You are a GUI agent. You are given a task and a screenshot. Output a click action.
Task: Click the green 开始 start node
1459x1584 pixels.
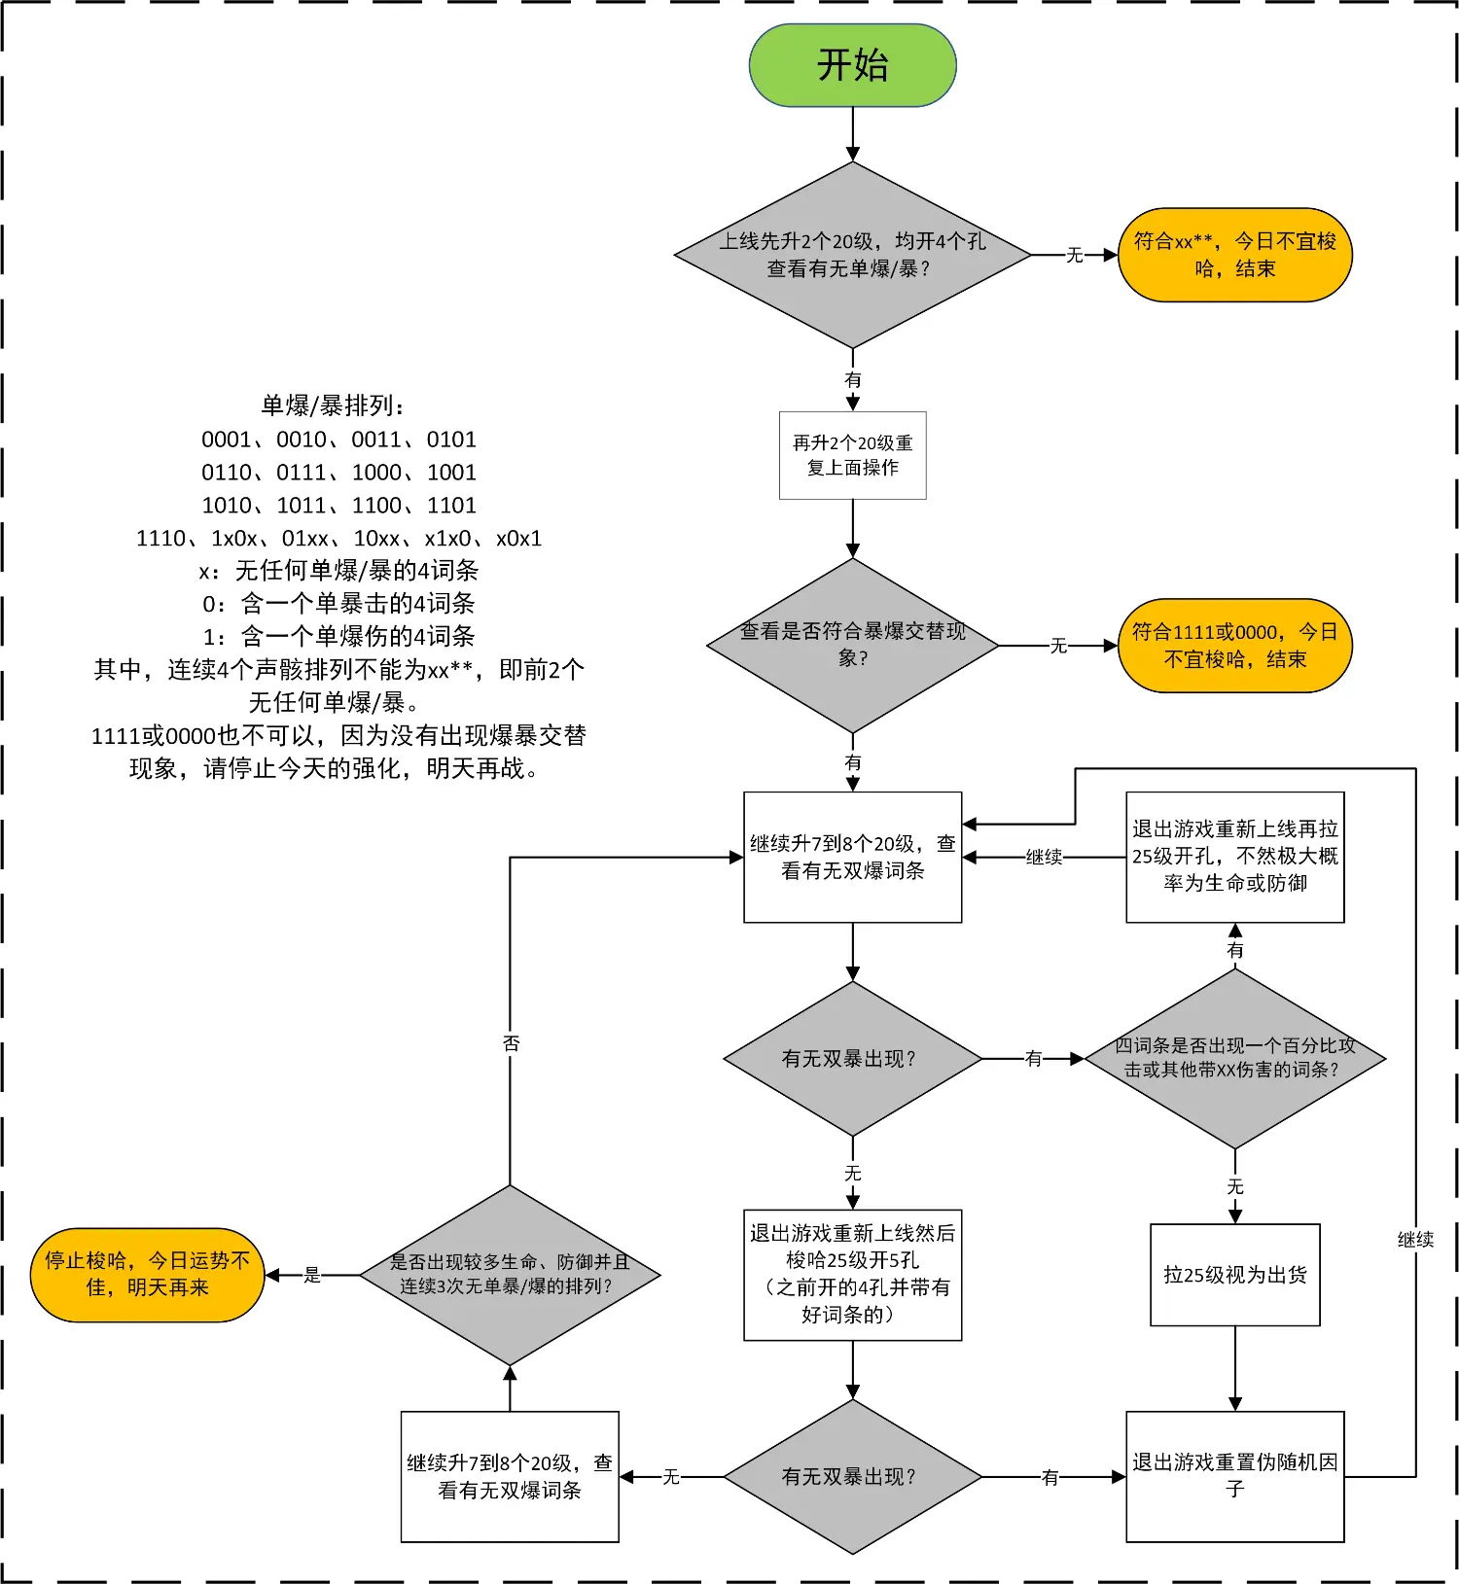pyautogui.click(x=852, y=65)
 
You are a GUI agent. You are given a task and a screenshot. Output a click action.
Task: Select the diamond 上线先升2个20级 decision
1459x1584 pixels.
pyautogui.click(x=852, y=255)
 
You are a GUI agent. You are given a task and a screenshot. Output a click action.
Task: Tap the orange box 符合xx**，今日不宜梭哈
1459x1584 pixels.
pyautogui.click(x=1234, y=255)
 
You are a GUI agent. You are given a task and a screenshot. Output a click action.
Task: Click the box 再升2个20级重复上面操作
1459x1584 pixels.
pyautogui.click(x=852, y=455)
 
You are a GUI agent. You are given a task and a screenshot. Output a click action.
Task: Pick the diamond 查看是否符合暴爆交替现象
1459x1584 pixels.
pyautogui.click(x=852, y=645)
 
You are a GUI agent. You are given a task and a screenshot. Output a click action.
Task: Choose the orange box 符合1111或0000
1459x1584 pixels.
pyautogui.click(x=1234, y=646)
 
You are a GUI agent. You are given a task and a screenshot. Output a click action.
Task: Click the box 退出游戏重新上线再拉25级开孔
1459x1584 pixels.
pyautogui.click(x=1234, y=857)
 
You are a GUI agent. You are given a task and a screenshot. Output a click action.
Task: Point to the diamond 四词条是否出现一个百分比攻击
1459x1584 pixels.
pyautogui.click(x=1234, y=1058)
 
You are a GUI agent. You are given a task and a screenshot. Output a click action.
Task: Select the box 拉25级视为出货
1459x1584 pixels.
pyautogui.click(x=1234, y=1274)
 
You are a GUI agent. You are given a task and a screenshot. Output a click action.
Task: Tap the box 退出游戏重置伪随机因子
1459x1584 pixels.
pyautogui.click(x=1234, y=1476)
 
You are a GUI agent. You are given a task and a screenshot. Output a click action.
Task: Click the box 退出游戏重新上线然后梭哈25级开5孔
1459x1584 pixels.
pyautogui.click(x=852, y=1274)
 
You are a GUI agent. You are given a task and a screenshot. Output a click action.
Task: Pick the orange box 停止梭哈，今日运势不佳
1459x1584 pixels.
pyautogui.click(x=148, y=1274)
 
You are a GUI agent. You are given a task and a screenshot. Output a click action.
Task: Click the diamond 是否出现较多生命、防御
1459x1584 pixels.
pyautogui.click(x=510, y=1274)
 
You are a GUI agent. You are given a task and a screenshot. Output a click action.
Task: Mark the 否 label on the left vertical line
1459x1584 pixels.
pyautogui.click(x=511, y=1043)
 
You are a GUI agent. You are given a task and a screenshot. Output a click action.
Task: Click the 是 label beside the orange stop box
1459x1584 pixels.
pyautogui.click(x=312, y=1275)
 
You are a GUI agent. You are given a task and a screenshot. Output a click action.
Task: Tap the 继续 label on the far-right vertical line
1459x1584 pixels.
pyautogui.click(x=1415, y=1240)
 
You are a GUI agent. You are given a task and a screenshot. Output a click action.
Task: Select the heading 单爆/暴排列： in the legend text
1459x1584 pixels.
pyautogui.click(x=334, y=405)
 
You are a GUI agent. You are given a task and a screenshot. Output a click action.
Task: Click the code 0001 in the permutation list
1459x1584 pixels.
pyautogui.click(x=226, y=440)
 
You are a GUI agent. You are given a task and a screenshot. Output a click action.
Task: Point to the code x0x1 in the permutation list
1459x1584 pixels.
pyautogui.click(x=518, y=539)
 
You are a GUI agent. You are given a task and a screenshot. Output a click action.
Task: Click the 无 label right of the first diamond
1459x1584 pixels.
pyautogui.click(x=1075, y=255)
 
